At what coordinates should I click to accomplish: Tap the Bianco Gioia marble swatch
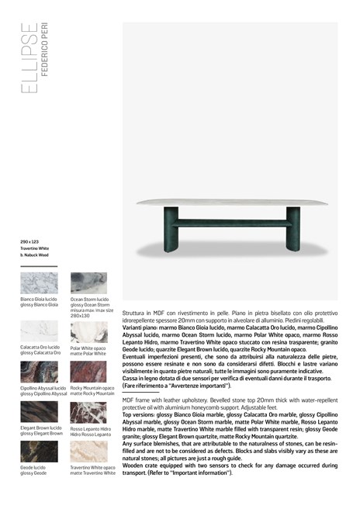(x=38, y=282)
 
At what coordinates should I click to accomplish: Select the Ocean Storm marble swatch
(x=88, y=282)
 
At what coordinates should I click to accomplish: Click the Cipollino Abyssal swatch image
(x=38, y=372)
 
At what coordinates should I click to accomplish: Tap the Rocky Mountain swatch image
(x=88, y=372)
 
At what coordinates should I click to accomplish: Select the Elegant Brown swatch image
(x=38, y=412)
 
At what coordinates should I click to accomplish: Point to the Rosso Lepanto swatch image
(x=88, y=412)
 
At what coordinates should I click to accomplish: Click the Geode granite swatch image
(x=38, y=452)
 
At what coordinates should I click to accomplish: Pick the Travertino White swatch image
(x=88, y=452)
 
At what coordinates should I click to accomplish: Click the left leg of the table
(x=171, y=229)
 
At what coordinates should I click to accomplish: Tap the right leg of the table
(x=293, y=229)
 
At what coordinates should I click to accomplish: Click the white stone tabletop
(x=233, y=203)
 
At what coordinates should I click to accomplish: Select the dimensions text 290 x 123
(x=30, y=242)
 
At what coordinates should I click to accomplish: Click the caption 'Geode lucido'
(x=33, y=468)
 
